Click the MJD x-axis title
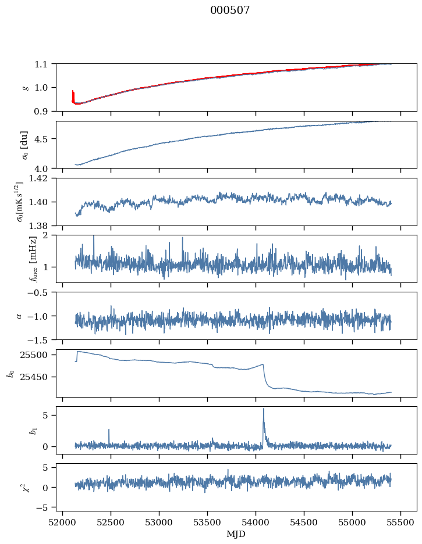point(236,534)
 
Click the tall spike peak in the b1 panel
point(264,409)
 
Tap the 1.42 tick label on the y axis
point(41,178)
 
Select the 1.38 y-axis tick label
point(41,225)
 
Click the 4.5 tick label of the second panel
point(45,139)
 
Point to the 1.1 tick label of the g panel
point(45,64)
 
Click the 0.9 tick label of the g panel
point(45,111)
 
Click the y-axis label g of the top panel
point(24,87)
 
